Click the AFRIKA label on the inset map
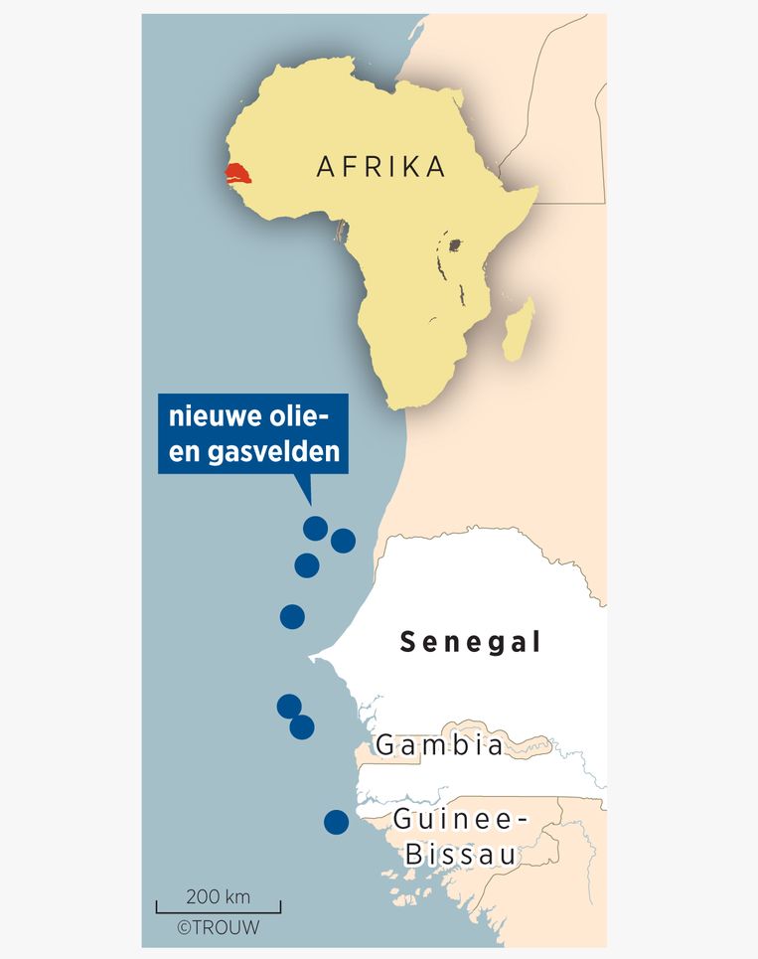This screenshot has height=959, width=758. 381,167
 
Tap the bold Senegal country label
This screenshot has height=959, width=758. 471,643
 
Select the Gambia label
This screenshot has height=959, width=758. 439,744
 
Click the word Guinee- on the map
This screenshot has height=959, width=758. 458,820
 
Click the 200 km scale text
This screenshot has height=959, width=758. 219,896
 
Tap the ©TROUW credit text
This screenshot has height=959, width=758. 218,927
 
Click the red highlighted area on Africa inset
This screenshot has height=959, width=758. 237,177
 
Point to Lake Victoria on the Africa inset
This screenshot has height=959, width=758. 456,243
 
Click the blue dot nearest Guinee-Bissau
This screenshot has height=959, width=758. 337,822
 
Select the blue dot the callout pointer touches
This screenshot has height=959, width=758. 316,528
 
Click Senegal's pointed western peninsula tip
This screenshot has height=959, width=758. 311,658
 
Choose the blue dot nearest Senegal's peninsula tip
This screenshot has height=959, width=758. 292,616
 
